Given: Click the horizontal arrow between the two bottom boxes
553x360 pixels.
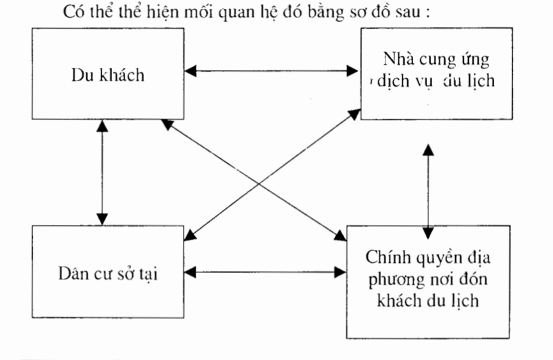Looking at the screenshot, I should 265,272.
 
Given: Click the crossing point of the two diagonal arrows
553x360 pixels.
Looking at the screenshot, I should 260,185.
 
